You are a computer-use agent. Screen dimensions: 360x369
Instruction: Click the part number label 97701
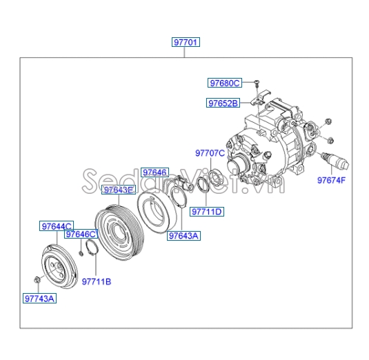[x=186, y=43]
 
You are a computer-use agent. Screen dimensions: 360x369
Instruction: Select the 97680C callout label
[x=224, y=83]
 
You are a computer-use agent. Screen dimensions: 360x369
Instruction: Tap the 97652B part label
[x=222, y=103]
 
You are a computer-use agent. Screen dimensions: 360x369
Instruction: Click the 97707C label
[x=209, y=153]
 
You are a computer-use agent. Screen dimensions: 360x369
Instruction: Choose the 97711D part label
[x=207, y=211]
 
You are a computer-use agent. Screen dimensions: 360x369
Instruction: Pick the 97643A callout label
[x=183, y=236]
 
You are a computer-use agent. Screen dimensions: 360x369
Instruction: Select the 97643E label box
[x=119, y=190]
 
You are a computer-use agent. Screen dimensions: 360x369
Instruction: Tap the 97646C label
[x=81, y=234]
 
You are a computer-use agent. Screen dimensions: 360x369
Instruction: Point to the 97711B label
[x=97, y=281]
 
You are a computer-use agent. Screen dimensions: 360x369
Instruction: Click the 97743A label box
[x=39, y=299]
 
